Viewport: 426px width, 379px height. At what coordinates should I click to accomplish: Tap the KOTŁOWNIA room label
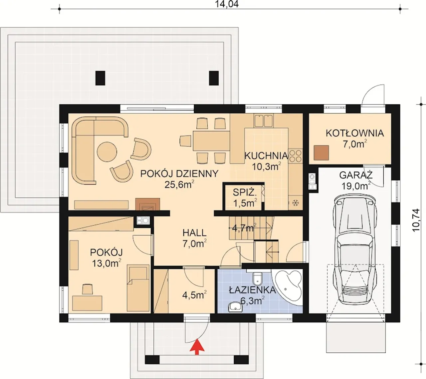coord(355,134)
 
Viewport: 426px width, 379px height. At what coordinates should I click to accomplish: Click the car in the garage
coord(355,250)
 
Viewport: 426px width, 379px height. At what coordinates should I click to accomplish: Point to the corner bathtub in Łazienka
coord(288,287)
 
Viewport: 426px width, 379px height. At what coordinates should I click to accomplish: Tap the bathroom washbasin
coord(235,307)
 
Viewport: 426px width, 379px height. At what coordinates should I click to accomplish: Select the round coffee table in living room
coord(107,152)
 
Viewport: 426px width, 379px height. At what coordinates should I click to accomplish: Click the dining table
coord(211,141)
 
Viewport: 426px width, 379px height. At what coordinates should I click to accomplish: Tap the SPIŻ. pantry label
coord(245,192)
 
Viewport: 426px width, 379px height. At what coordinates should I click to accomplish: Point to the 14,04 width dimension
coord(227,4)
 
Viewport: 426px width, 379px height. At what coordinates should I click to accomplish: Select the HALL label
coord(194,233)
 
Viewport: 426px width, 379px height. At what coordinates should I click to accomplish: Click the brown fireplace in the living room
coord(147,204)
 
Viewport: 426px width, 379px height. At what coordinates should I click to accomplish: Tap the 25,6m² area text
coord(179,185)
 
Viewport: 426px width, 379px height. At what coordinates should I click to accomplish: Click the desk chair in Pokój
coord(87,289)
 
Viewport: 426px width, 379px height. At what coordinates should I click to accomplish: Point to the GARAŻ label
coord(356,175)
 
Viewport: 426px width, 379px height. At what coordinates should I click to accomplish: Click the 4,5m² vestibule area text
coord(194,295)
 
